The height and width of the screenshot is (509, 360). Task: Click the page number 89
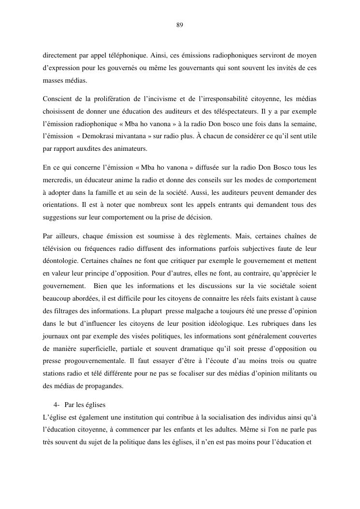(x=180, y=25)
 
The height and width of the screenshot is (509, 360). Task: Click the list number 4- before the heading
(x=56, y=404)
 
